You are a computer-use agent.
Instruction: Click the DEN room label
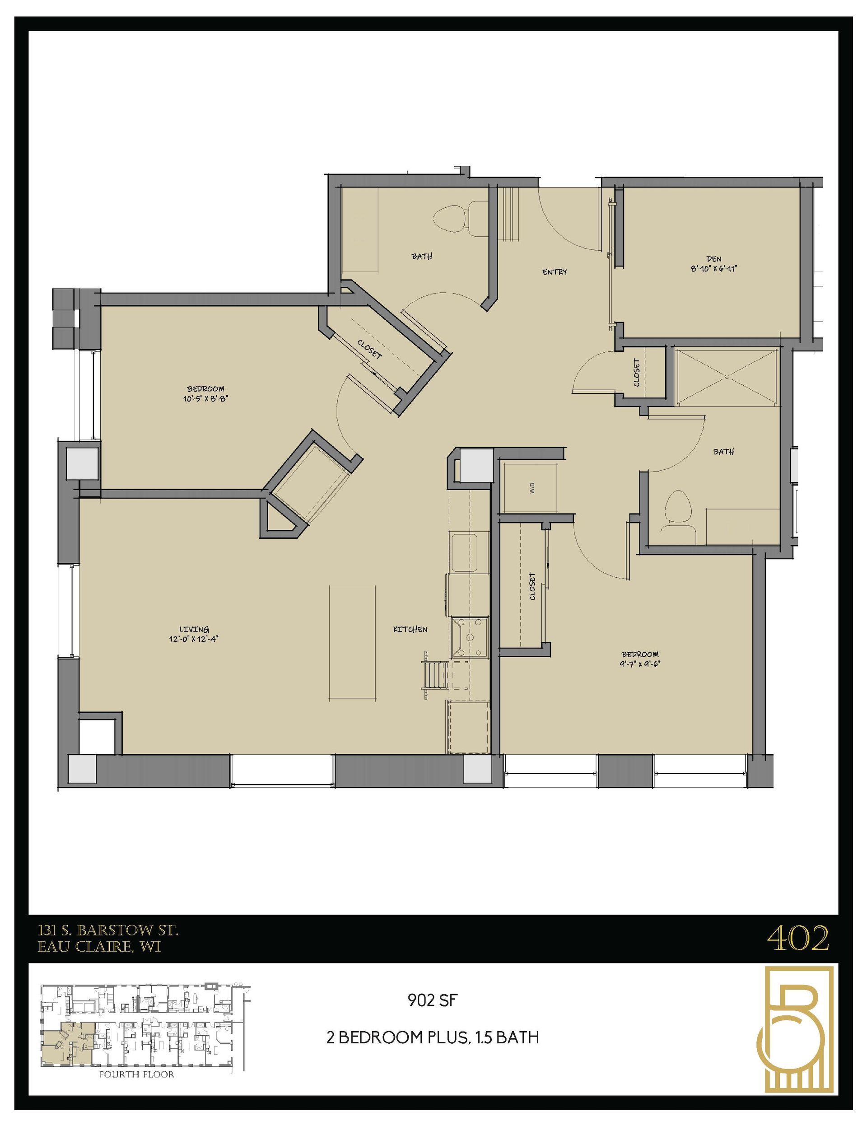(714, 259)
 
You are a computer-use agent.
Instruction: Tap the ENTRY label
(554, 272)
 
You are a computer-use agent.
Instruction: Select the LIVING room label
(194, 629)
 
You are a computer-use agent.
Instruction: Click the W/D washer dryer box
(531, 488)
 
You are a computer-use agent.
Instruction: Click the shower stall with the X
(726, 376)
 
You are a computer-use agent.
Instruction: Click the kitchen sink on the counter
(469, 553)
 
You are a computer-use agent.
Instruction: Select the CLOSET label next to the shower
(637, 372)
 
